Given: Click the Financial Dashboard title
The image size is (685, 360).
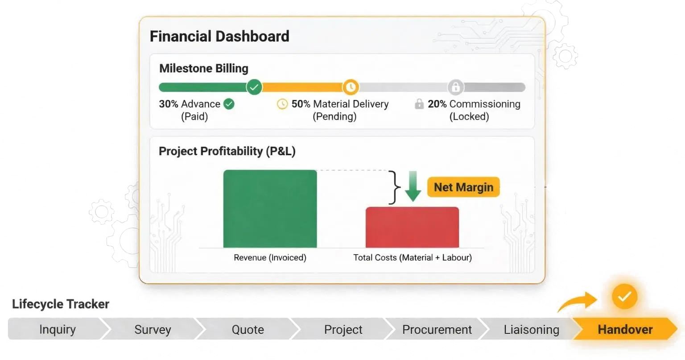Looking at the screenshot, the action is (219, 37).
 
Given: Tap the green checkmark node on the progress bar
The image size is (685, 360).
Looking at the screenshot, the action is (254, 87).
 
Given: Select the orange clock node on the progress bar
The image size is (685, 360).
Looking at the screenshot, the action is (351, 87).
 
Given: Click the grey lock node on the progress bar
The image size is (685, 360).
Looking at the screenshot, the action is (456, 87).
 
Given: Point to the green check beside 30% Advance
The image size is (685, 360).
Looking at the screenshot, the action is (229, 104).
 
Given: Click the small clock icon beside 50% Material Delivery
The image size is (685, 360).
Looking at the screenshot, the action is (282, 104).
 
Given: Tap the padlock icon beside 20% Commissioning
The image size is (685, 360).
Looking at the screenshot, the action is (419, 103).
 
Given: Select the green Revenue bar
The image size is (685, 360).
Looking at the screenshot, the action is (270, 209).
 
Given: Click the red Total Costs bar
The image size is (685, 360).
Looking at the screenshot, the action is (412, 227).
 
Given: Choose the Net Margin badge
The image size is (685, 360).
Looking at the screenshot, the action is (463, 187).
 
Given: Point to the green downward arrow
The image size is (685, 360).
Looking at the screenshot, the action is (413, 186).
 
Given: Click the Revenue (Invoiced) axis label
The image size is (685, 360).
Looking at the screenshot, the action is (270, 257).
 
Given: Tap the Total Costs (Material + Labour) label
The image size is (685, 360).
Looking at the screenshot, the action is (413, 257).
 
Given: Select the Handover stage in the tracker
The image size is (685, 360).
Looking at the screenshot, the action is (625, 329).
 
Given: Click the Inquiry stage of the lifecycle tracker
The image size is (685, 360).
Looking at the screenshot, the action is (58, 329).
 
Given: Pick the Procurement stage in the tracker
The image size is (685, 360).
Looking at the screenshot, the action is (437, 329).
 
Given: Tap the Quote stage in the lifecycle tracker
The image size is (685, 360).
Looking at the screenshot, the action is (248, 329).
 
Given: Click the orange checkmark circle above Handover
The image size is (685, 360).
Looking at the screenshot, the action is (624, 296).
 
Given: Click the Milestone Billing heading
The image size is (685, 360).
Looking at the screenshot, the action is (204, 68).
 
